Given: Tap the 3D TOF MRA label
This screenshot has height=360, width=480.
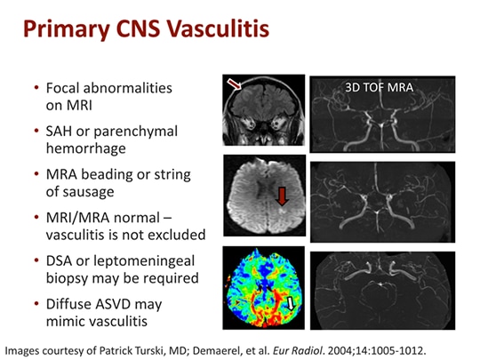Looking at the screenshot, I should point(381,87).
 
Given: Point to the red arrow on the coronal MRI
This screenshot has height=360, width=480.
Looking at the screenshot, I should point(235,85).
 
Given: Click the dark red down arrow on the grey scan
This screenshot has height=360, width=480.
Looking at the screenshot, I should point(283,195).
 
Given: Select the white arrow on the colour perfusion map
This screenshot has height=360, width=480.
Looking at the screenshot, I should point(291,306).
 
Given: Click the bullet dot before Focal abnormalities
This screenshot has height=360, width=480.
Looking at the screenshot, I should point(36,89).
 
